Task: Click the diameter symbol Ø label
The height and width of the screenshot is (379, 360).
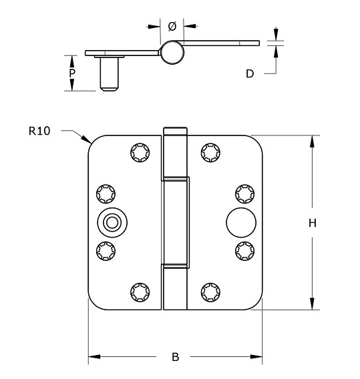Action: click(x=172, y=26)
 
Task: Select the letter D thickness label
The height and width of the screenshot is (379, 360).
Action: click(x=250, y=73)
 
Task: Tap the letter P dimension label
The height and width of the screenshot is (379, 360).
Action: click(x=72, y=72)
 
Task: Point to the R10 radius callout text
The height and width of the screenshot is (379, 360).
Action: click(x=39, y=131)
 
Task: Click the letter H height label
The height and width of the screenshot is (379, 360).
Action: click(x=311, y=224)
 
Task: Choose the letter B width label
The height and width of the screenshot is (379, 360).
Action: click(x=175, y=358)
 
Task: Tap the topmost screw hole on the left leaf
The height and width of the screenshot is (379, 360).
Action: click(x=140, y=153)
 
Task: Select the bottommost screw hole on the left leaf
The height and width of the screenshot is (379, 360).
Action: click(x=140, y=292)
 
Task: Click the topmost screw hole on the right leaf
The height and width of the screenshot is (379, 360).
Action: click(x=210, y=153)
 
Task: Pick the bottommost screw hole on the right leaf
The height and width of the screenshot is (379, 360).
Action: click(x=210, y=292)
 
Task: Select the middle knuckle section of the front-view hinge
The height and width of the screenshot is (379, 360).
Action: click(x=176, y=222)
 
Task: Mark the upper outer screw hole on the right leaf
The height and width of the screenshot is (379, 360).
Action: click(x=244, y=193)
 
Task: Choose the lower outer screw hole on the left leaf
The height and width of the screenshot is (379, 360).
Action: click(x=106, y=251)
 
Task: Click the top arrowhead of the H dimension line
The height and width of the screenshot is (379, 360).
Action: click(x=311, y=139)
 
